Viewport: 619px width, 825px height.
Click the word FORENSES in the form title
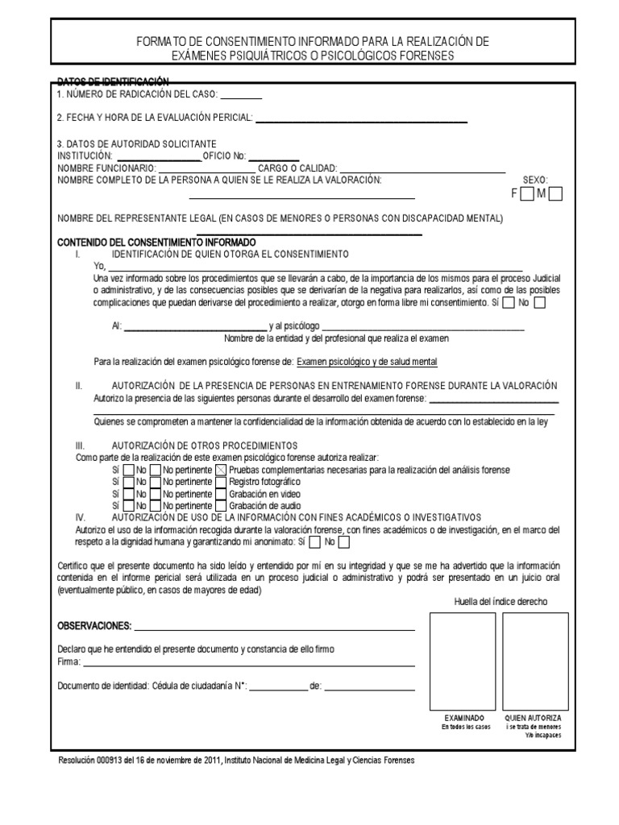pos(426,56)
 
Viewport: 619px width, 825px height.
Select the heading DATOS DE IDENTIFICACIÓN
pos(113,81)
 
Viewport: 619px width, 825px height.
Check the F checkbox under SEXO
pos(527,193)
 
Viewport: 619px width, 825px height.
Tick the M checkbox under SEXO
pos(555,193)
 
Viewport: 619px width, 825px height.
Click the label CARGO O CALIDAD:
pos(297,168)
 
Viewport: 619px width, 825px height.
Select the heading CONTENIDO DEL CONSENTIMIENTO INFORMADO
pos(156,242)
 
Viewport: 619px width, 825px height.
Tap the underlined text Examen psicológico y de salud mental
pos(368,363)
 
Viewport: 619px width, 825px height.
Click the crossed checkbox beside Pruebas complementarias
pos(221,470)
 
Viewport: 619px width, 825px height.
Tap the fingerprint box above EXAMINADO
pos(464,660)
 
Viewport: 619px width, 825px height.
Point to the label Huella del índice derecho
pos(500,602)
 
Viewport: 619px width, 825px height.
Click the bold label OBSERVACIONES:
pos(93,626)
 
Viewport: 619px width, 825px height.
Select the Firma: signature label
pos(69,661)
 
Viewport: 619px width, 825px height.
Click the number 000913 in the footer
pos(112,761)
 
